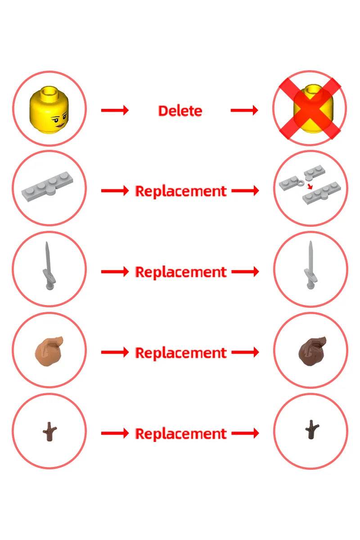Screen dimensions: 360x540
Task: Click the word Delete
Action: [180, 111]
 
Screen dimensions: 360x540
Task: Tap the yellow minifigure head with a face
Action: [49, 109]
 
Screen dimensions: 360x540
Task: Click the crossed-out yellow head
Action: [310, 108]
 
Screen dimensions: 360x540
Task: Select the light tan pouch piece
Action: [49, 351]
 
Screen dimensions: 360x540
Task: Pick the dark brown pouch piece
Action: [312, 351]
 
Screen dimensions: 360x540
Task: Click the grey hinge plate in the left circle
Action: [48, 187]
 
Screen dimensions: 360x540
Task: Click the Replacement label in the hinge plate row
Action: [181, 191]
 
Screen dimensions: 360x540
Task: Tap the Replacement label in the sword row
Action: [181, 272]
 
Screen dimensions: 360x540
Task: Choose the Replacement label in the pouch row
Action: [181, 353]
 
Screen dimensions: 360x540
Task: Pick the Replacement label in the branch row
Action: [181, 434]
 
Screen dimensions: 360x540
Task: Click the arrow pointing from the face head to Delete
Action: [115, 110]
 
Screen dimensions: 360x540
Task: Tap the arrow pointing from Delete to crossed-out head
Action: [244, 110]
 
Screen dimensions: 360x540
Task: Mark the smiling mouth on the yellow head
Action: [60, 126]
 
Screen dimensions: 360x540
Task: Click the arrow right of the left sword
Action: [115, 272]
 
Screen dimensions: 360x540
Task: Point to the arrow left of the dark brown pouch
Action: [245, 352]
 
